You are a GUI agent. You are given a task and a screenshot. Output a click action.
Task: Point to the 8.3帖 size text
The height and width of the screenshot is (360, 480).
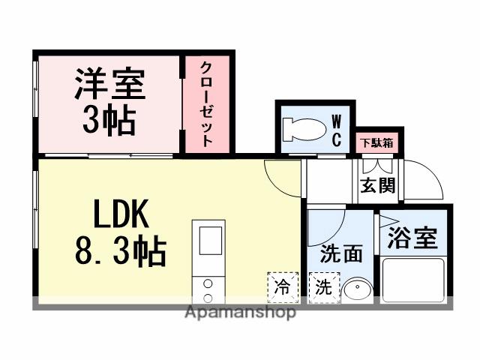pos(120,252)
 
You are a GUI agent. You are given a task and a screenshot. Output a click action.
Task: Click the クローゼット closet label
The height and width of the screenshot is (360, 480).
pos(206,104)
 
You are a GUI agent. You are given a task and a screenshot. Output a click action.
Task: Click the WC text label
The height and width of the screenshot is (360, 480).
pos(337,129)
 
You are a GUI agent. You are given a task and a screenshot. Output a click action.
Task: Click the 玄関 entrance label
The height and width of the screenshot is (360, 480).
pos(377,184)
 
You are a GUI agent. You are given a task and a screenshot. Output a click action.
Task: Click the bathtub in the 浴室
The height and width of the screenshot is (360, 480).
pos(413,277)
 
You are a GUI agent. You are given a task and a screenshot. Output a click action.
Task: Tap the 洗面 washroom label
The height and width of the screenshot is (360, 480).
pos(340,253)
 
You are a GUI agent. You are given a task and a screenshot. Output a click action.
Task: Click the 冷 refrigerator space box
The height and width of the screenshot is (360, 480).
pos(282,286)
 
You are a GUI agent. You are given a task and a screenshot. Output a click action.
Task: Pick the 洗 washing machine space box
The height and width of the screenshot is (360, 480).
pos(322,286)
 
